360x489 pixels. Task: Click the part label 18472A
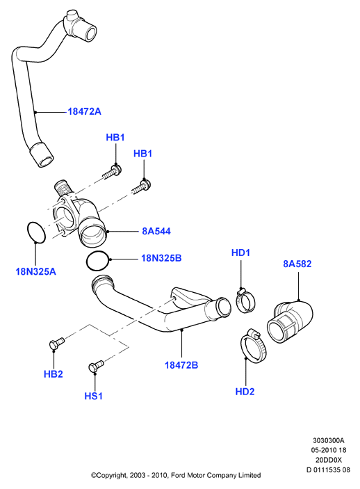(x=85, y=111)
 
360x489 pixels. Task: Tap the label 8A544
(x=156, y=231)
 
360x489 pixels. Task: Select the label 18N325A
(x=36, y=272)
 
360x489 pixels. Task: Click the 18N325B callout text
(x=161, y=258)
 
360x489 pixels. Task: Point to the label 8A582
(x=297, y=264)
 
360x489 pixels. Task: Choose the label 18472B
(x=181, y=365)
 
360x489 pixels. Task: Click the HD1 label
(x=240, y=252)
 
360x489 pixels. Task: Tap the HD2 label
(x=245, y=392)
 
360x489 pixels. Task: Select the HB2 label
(x=54, y=374)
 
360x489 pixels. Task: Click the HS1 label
(x=94, y=396)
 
